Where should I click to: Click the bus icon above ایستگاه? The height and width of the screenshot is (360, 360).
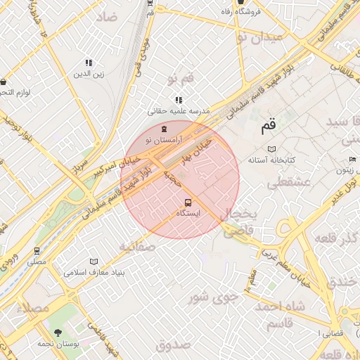[x=187, y=203]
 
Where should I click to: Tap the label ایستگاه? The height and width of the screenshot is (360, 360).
[x=186, y=213]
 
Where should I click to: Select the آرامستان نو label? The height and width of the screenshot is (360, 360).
[x=164, y=140]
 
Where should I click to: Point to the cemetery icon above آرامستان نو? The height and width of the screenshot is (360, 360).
[x=165, y=129]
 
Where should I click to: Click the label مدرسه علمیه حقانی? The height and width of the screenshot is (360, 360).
[x=179, y=111]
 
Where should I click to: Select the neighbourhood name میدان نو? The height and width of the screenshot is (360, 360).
[x=259, y=36]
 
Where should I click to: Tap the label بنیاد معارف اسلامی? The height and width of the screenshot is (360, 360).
[x=94, y=271]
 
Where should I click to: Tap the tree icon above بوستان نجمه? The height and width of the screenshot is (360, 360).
[x=58, y=332]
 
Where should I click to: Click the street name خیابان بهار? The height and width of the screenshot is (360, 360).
[x=198, y=148]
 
